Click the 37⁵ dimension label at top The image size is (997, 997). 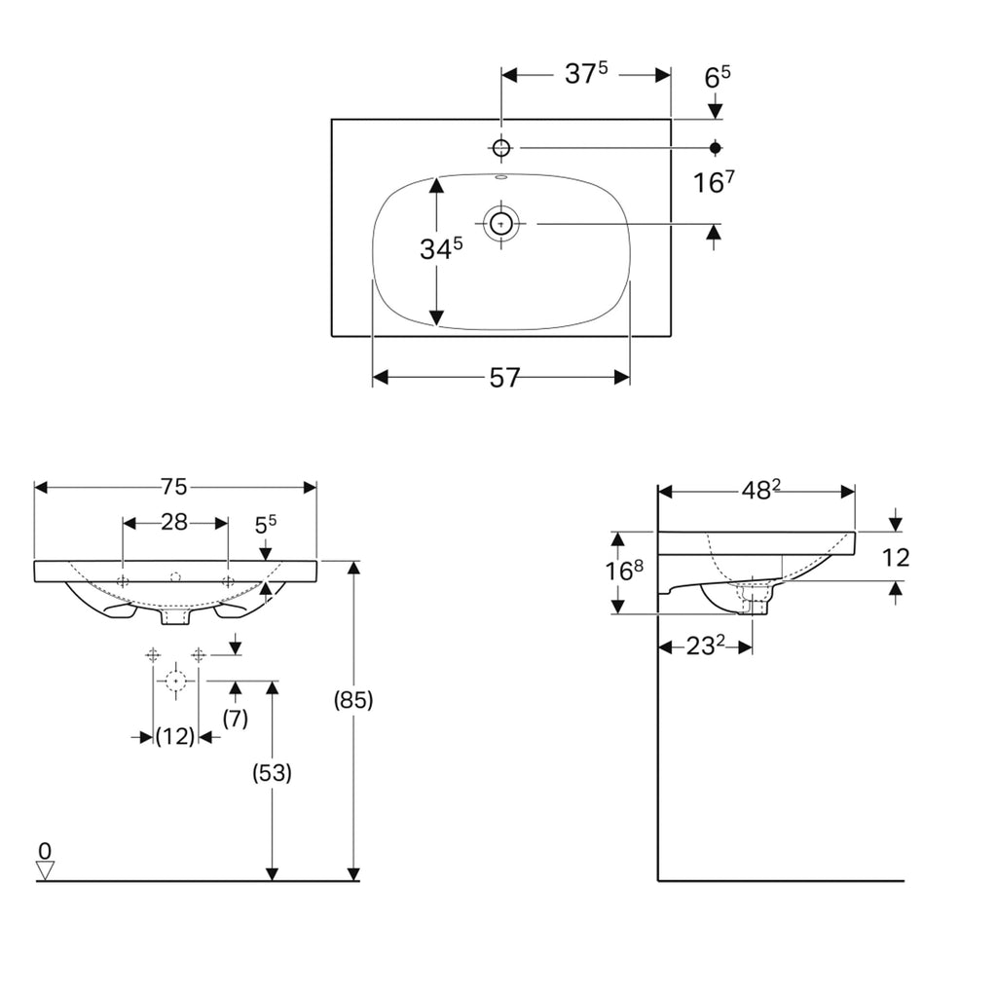point(586,75)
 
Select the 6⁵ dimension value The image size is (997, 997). point(716,78)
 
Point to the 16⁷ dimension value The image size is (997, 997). point(715,182)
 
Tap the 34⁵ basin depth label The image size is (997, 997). point(440,249)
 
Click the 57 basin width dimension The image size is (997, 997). point(503,378)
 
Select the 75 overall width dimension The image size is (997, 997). point(174,487)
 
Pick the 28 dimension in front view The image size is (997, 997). point(174,523)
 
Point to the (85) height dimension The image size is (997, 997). point(353,699)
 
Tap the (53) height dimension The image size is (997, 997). point(272,773)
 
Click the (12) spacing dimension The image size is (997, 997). point(175,737)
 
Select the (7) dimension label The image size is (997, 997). point(235,719)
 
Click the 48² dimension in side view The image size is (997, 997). point(761,492)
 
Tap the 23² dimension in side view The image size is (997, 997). point(706,646)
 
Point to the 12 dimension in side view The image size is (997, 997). point(895,558)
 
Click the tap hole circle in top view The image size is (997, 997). point(501,147)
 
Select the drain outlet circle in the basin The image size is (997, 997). point(501,224)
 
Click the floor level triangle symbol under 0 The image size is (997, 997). point(45,869)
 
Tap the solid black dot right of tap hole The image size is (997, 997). point(716,147)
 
